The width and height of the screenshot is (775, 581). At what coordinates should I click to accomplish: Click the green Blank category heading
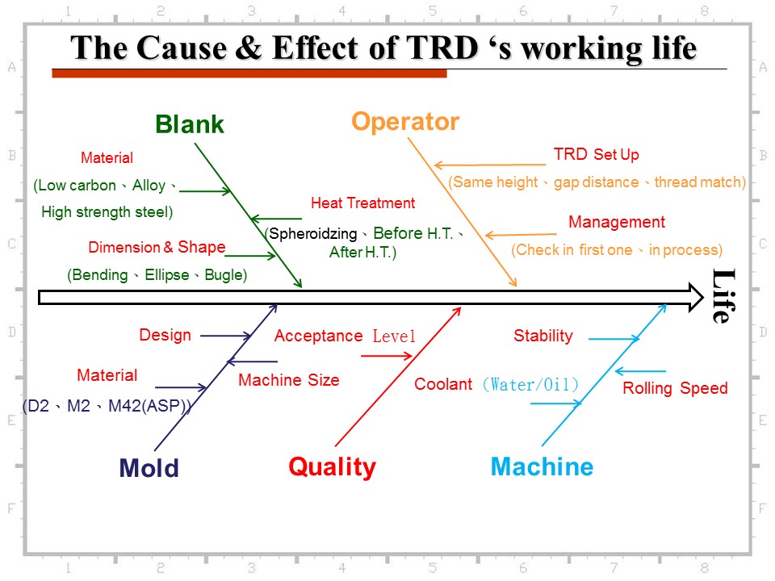point(189,124)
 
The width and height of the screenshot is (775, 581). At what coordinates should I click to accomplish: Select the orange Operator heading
point(405,122)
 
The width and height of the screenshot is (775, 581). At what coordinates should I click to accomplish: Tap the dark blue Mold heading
point(149,468)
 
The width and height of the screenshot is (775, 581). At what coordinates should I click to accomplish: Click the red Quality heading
point(332,467)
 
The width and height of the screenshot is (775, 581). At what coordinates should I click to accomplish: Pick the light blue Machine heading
point(542,467)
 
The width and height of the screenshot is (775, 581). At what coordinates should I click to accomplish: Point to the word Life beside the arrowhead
point(724,296)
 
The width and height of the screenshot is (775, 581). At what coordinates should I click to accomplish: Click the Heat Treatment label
point(362,203)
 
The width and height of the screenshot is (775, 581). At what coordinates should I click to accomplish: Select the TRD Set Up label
point(596,154)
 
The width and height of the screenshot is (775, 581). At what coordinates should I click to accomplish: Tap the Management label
point(617,222)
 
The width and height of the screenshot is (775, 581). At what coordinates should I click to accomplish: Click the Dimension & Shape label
point(157,247)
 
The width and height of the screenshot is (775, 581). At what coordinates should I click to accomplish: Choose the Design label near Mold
point(165,335)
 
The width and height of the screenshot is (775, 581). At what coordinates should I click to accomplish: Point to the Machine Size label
point(289,380)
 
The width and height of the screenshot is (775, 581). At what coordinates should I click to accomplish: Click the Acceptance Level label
point(345,336)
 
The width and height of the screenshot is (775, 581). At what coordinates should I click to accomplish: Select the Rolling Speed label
point(675,388)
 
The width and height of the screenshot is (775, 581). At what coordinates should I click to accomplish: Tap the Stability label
point(543,336)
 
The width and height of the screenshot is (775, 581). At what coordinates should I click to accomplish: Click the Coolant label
point(443,384)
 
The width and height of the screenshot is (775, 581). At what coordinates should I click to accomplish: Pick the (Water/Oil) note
point(530,384)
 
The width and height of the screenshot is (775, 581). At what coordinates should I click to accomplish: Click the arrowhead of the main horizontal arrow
point(697,298)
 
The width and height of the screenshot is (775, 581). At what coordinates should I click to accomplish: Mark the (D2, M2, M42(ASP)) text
point(107,406)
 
